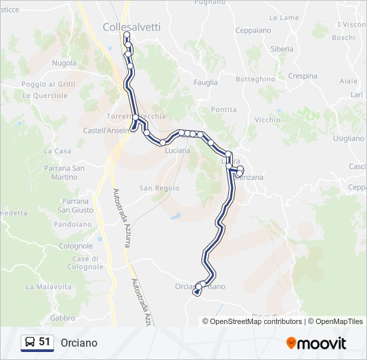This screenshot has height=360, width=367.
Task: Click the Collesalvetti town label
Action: pos(131,27)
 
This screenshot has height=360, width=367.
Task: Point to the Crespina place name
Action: pos(303,76)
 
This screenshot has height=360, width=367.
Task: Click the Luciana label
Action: pos(177,151)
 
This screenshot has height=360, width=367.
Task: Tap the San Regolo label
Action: pos(159,189)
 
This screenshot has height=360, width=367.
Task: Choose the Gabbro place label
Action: pos(63,318)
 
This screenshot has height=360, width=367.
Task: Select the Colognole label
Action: pos(75,246)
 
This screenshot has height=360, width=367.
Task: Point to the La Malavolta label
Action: pos(48,287)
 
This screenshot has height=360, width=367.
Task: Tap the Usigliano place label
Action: pos(348,139)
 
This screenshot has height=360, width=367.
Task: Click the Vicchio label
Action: pos(268,120)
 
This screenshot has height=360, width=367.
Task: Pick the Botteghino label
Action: pos(256,79)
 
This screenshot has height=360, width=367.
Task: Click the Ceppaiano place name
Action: pos(253,30)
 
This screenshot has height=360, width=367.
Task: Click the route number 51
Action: pos(45,342)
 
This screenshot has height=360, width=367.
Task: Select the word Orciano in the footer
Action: pos(79,343)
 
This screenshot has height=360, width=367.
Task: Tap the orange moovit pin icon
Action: pos(292,343)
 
